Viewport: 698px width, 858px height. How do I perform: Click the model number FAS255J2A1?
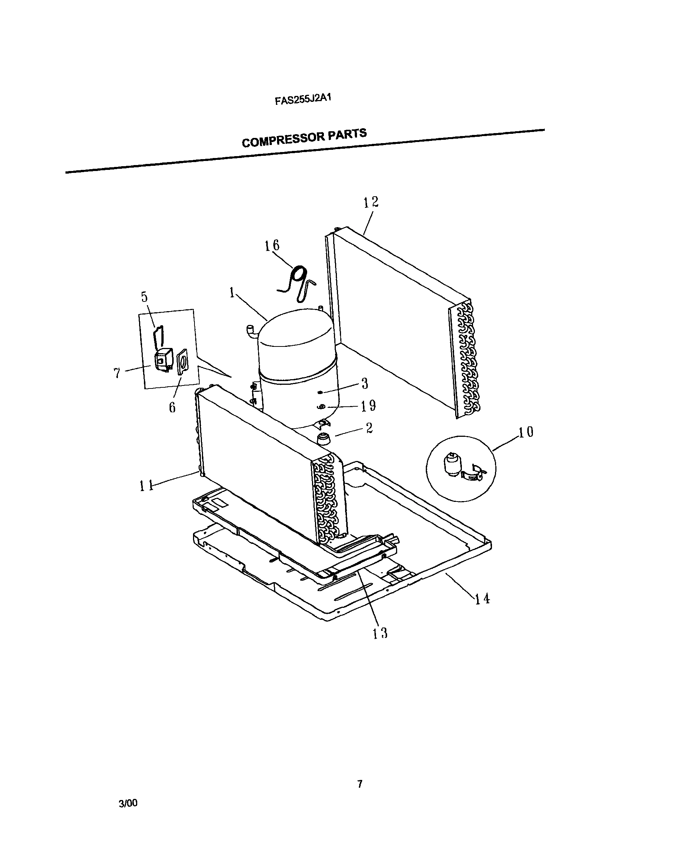coord(302,99)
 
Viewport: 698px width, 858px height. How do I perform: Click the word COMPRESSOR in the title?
coord(283,139)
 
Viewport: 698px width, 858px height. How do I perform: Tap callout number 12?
coord(371,202)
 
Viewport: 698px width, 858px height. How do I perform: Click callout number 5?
coord(144,297)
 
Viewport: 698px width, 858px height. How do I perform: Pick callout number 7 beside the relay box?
coord(117,373)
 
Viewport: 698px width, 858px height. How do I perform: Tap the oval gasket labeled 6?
coord(182,361)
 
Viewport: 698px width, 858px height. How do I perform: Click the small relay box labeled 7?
coord(163,359)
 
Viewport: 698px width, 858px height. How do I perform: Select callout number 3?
coord(365,383)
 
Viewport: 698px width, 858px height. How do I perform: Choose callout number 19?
coord(368,406)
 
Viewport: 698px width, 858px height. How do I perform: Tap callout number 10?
coord(525,432)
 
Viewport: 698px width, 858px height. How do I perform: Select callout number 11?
coord(147,486)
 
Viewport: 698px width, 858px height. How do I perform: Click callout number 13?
coord(380,633)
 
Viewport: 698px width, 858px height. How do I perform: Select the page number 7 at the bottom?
coord(360,784)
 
